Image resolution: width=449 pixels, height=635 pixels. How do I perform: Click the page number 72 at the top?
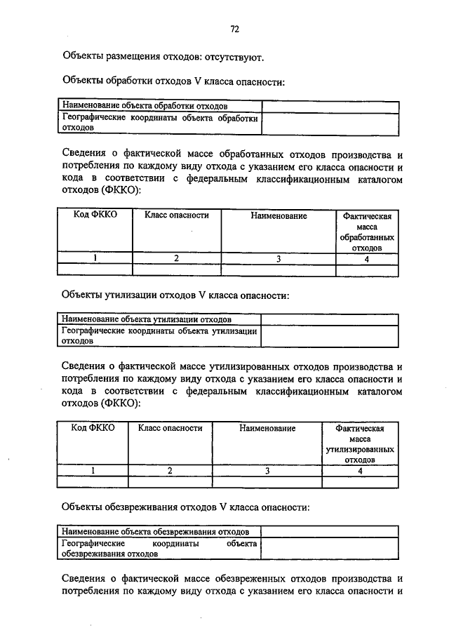(x=235, y=29)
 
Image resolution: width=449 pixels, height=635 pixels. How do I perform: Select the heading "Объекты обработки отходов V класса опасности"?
(x=173, y=81)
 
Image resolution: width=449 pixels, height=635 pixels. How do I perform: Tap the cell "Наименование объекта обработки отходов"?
(x=145, y=106)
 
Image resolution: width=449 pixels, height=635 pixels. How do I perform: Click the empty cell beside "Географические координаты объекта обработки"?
(x=330, y=123)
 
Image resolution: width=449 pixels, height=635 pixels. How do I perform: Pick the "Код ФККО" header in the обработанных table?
(x=95, y=215)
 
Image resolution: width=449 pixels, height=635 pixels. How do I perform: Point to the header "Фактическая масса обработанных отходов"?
(x=367, y=232)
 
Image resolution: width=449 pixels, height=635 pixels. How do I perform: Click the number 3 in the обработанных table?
(x=279, y=258)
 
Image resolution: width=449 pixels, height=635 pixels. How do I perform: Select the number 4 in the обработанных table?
(x=367, y=258)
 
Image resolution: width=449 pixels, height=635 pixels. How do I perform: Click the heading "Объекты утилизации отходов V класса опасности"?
(x=175, y=295)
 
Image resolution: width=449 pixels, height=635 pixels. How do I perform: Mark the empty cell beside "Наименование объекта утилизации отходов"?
(x=330, y=319)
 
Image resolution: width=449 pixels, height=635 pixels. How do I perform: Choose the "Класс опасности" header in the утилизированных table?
(x=170, y=427)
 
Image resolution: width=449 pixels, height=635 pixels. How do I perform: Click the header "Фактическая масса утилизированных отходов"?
(x=359, y=443)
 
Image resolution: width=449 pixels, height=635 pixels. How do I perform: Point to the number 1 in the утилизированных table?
(x=93, y=470)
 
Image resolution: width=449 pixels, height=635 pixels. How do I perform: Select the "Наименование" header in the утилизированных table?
(x=267, y=427)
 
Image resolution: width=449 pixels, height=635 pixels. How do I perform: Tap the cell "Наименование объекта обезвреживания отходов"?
(x=155, y=531)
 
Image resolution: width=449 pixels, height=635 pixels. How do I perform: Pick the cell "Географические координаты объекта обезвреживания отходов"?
(x=159, y=548)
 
